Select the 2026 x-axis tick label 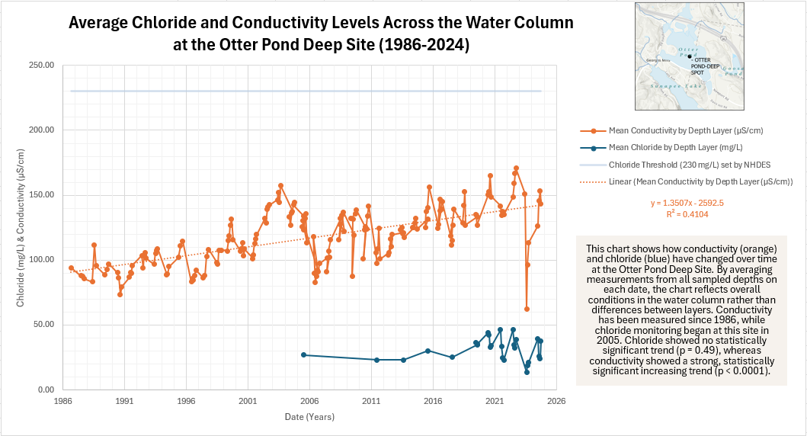[556, 400]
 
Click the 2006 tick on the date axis [309, 400]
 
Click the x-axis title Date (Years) [309, 417]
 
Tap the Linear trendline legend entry [700, 181]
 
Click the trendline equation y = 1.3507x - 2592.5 [687, 204]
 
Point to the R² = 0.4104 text [687, 215]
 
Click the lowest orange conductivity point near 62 [527, 309]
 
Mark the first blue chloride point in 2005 [303, 354]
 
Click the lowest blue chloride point [527, 372]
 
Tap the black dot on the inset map [689, 56]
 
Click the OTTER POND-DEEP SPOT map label [706, 66]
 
